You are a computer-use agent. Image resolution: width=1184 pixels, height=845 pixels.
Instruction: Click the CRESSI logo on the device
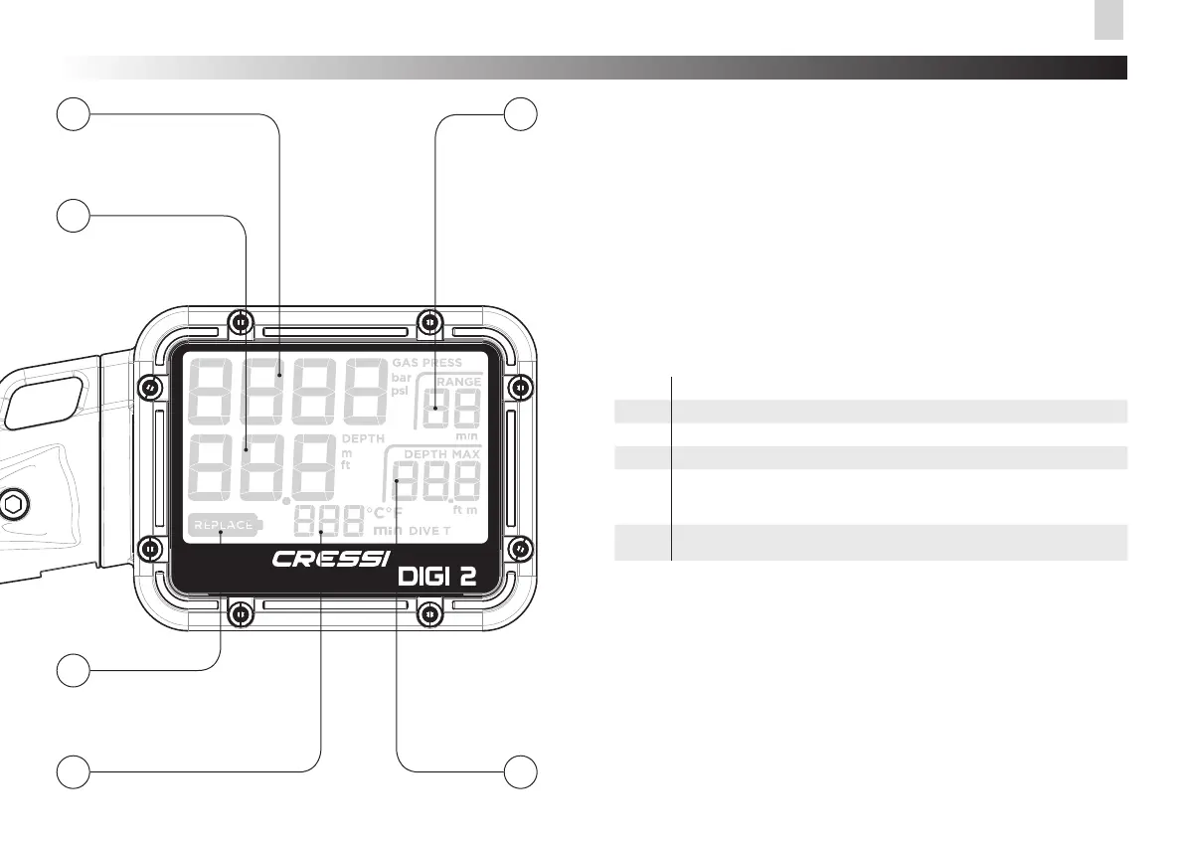point(332,559)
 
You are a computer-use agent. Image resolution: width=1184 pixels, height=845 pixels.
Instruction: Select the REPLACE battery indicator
point(224,524)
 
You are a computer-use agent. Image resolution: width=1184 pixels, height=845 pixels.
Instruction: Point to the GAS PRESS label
point(427,364)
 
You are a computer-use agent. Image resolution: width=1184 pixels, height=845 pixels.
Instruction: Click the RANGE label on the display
point(459,382)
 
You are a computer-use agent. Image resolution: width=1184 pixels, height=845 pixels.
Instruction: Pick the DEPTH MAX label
point(441,454)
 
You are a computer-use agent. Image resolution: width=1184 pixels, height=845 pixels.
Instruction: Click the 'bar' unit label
point(401,378)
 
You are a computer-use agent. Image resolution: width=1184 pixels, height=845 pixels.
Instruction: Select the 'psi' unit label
point(400,391)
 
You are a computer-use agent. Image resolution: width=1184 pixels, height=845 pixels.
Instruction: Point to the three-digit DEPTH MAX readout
point(435,483)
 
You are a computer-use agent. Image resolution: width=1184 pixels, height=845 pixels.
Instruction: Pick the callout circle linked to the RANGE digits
point(520,114)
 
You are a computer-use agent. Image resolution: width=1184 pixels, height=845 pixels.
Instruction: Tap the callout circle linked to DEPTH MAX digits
point(520,770)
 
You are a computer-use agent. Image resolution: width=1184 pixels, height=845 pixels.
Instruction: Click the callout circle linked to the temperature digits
point(71,770)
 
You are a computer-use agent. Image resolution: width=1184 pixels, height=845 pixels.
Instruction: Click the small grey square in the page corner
point(1108,20)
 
